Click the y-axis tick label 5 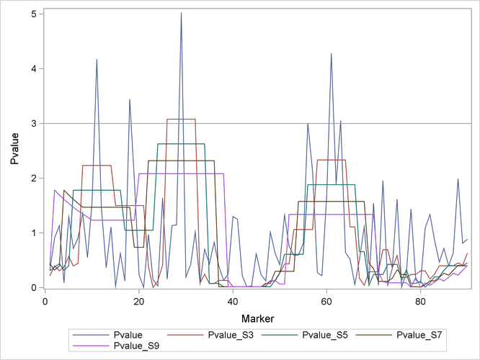coord(34,14)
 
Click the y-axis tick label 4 coord(34,69)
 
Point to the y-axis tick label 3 coord(34,124)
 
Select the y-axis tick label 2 coord(34,179)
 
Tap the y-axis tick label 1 coord(34,233)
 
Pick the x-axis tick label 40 coord(232,300)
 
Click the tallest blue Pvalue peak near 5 coord(181,13)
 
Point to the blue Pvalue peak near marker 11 coord(97,60)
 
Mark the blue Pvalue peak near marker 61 coord(332,54)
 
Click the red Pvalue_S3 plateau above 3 coord(181,120)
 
